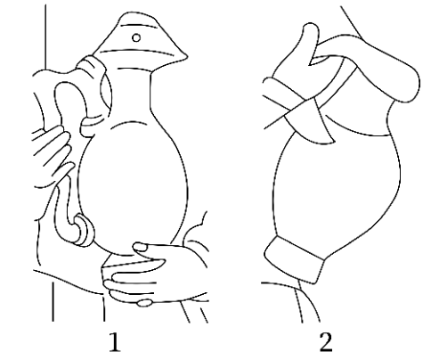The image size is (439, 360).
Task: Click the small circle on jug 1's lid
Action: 136,37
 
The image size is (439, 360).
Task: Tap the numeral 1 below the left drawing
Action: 115,342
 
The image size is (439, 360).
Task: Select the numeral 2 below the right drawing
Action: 326,342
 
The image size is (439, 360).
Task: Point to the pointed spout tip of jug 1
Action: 185,56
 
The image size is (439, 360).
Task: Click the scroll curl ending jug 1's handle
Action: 84,231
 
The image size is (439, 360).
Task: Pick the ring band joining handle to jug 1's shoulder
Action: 92,126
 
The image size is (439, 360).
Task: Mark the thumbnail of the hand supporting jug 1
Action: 140,247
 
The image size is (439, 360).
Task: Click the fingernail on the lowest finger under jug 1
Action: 144,303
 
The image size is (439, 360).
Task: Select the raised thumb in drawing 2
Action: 309,45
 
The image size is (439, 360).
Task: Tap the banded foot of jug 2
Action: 294,259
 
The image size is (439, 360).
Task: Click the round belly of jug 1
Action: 133,184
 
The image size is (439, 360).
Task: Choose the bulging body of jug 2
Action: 336,190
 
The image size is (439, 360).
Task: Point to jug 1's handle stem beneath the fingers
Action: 63,208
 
